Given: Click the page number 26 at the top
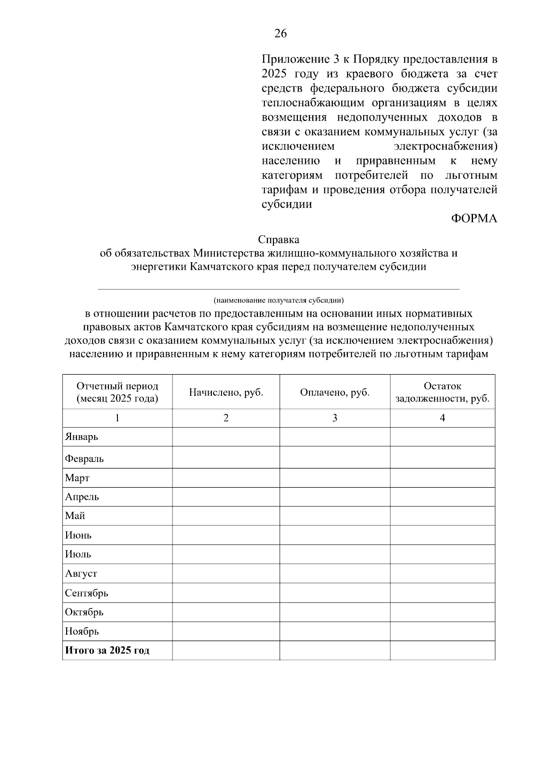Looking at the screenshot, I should [281, 34].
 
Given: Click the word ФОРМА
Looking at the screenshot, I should [473, 218].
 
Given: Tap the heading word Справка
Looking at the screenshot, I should [279, 240].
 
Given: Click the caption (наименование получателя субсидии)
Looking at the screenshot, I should [279, 300].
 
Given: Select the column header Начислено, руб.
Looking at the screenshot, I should [226, 392].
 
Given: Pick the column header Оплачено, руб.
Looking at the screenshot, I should [335, 392].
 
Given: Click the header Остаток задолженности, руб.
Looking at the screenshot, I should [442, 392].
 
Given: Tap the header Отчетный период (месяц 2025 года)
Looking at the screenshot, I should [117, 392].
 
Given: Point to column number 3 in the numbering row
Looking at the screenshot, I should [335, 418].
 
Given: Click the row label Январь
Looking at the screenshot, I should [82, 437].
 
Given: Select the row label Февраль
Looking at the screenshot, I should [84, 459].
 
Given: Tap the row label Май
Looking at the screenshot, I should [75, 516].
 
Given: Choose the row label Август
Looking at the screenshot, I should [81, 574].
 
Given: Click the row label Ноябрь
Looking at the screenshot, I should [82, 631].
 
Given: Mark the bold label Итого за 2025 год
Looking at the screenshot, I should [107, 650].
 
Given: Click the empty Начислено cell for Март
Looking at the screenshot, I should [226, 478].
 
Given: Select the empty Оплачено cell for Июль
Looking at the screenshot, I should [335, 554].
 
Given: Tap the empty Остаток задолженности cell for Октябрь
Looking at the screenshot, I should [442, 612].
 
